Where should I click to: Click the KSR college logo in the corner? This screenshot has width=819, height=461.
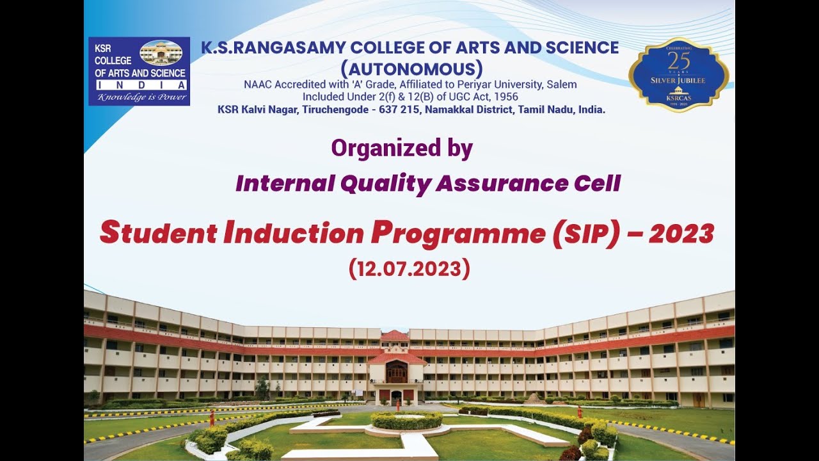click(x=139, y=70)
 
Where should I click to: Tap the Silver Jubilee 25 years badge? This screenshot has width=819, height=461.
click(x=678, y=74)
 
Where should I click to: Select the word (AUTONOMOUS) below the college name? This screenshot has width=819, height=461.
click(x=411, y=68)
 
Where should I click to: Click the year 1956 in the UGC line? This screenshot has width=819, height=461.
click(x=505, y=97)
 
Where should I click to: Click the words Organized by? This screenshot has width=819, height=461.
click(x=402, y=149)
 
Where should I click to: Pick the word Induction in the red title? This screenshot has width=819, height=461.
click(x=294, y=234)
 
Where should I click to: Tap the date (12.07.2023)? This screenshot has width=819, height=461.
click(x=409, y=268)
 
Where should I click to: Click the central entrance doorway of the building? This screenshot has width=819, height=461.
click(x=396, y=396)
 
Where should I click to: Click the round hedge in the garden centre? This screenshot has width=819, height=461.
click(x=406, y=420)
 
